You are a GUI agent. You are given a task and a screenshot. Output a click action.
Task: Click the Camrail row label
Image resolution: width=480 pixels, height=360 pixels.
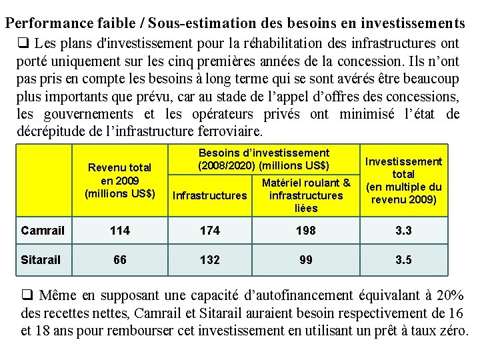(x=43, y=231)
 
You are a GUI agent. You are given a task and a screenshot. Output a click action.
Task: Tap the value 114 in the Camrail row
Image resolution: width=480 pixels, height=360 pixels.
(x=119, y=231)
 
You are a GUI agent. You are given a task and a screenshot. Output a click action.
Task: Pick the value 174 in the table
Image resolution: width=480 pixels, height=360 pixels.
(x=209, y=231)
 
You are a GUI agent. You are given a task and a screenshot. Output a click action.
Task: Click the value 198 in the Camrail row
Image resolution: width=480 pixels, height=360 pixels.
(x=305, y=231)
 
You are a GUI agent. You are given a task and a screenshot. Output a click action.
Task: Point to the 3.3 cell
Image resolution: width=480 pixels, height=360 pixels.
(x=404, y=231)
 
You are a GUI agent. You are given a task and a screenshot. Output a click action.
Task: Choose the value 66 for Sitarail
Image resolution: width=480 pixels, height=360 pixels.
(x=119, y=260)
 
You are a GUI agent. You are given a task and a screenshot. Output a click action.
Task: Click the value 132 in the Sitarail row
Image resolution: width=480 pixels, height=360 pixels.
(x=209, y=260)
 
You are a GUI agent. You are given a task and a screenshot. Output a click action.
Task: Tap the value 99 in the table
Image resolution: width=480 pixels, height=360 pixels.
(x=305, y=260)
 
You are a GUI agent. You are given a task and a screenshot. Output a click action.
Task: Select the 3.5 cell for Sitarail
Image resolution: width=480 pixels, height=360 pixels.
(x=404, y=260)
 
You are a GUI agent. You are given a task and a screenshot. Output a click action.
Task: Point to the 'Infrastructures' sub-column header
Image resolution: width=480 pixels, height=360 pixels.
(x=209, y=196)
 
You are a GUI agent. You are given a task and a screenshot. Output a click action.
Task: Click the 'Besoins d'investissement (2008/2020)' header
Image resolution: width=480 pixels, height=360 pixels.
(x=263, y=159)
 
